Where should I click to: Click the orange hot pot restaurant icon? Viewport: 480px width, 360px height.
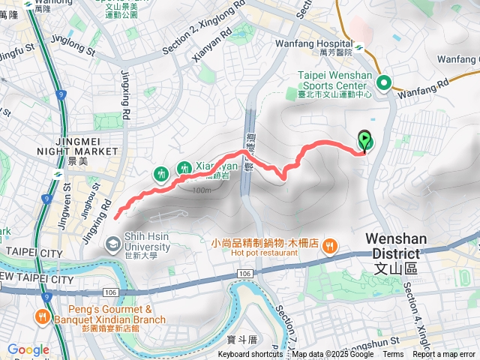(x=331, y=245)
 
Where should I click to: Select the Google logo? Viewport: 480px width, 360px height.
(x=28, y=349)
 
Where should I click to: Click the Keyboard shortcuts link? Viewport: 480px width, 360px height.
(x=250, y=355)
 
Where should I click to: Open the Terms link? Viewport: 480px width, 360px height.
(x=393, y=355)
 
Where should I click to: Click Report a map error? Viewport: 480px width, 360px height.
(x=444, y=355)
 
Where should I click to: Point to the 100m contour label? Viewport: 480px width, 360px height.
(x=201, y=190)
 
